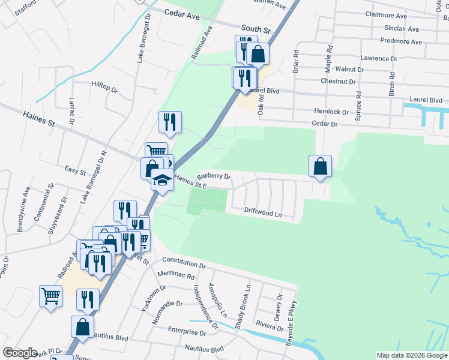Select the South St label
[256, 28]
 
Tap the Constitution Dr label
[184, 263]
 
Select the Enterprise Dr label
[187, 331]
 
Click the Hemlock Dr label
[331, 112]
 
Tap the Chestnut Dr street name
[339, 81]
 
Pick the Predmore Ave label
[401, 41]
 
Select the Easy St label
[76, 172]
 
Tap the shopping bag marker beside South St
[258, 53]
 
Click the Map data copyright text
[411, 355]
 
